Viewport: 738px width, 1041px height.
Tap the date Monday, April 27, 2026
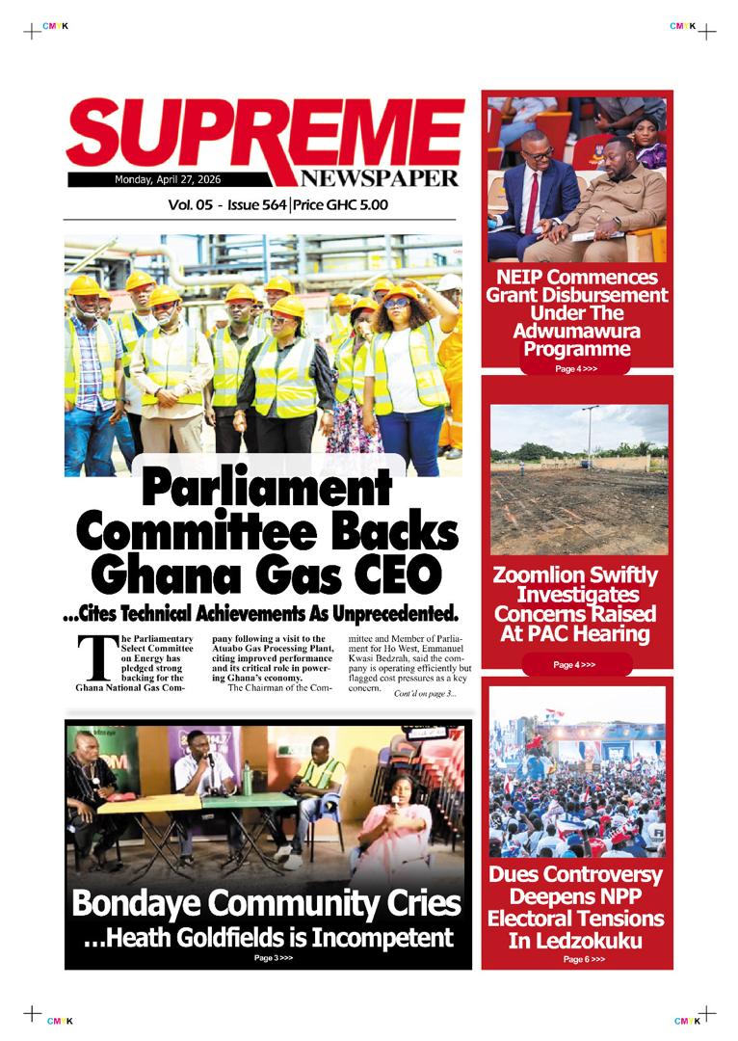[168, 179]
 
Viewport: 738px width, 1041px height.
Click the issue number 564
[272, 204]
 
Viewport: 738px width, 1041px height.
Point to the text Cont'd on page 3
[425, 694]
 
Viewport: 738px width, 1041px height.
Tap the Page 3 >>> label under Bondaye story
[273, 958]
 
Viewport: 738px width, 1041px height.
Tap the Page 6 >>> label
[584, 960]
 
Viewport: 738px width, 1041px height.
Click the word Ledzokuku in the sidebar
[576, 939]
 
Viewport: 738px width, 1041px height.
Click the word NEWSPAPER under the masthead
[378, 177]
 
